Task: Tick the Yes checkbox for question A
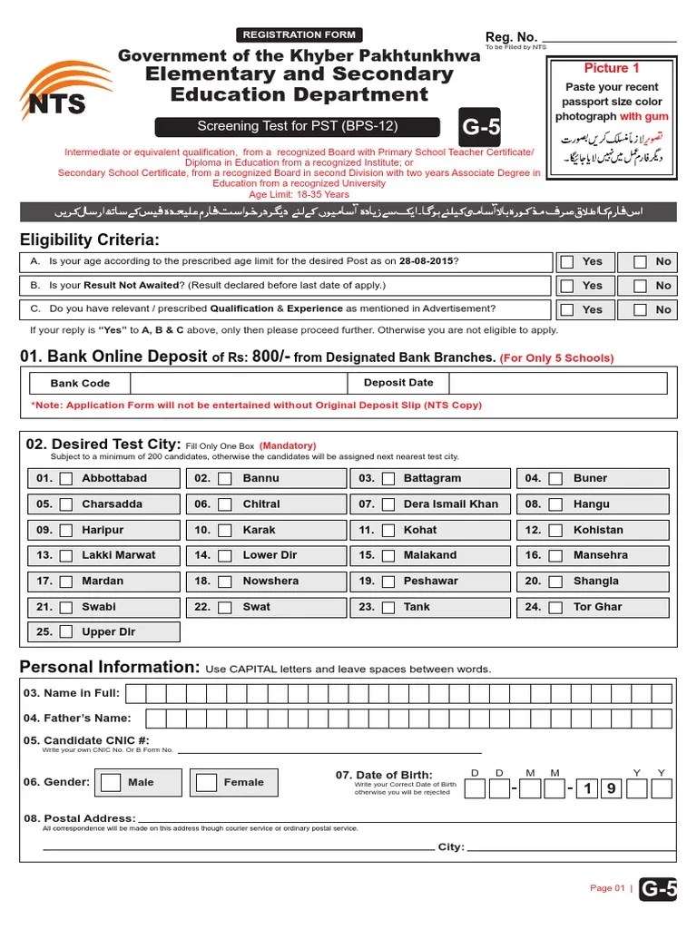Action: [x=567, y=261]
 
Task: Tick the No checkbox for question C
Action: [x=640, y=309]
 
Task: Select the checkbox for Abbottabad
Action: [x=65, y=479]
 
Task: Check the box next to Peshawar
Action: [x=388, y=582]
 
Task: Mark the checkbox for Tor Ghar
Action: [x=555, y=607]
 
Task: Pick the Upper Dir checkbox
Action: [x=65, y=632]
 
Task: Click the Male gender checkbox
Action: [x=111, y=782]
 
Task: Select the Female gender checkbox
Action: [x=207, y=782]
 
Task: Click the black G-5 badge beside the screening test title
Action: [x=480, y=128]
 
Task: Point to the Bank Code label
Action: [x=80, y=384]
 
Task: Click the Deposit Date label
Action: [x=398, y=383]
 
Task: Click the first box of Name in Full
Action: [x=135, y=694]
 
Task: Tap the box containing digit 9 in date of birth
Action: [x=612, y=788]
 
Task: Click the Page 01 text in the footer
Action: [x=607, y=888]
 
